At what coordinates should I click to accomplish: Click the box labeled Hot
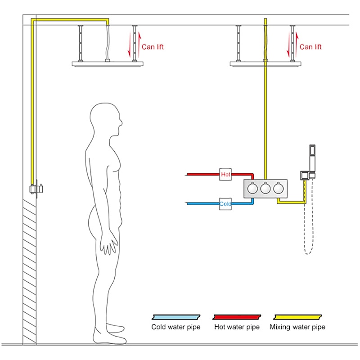pos(225,173)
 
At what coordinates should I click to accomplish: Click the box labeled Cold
pos(225,203)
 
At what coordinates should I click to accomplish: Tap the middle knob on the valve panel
pos(265,188)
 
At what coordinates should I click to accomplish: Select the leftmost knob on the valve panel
pos(253,188)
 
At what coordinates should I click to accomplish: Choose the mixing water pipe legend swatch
pos(297,316)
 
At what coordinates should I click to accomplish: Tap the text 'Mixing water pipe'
pos(297,327)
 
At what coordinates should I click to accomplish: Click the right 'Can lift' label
pos(310,46)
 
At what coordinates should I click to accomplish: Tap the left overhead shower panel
pos(106,63)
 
